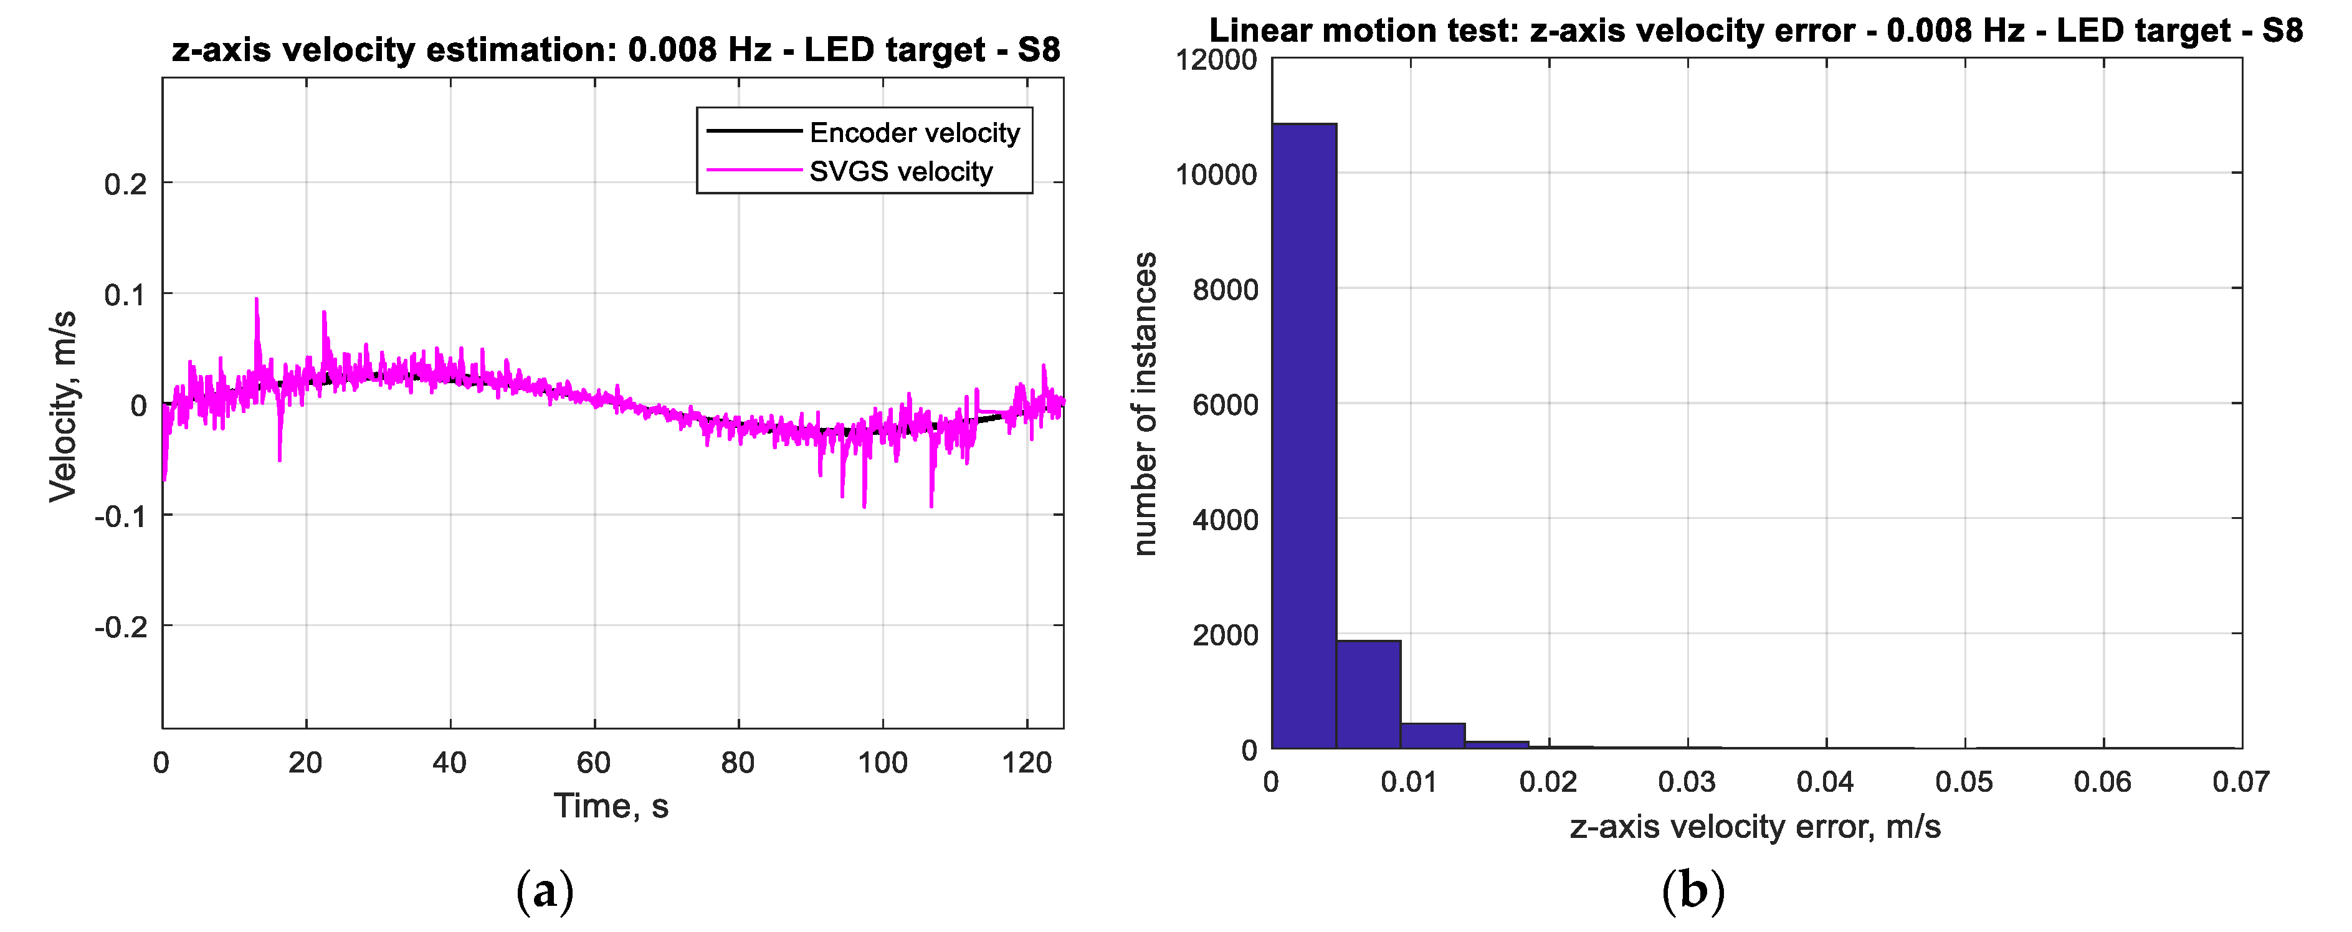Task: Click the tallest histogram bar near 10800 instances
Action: (1304, 435)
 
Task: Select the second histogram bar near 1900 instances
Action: (1368, 694)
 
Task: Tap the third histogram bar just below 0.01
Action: (1432, 736)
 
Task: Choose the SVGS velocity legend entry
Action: (900, 171)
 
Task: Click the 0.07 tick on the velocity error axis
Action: (2240, 782)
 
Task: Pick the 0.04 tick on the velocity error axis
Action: (1825, 782)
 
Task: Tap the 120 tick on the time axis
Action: (1027, 763)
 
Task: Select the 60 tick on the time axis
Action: (594, 763)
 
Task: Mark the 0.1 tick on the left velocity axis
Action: (125, 295)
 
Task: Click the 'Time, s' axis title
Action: (611, 807)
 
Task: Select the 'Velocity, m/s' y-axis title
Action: (63, 406)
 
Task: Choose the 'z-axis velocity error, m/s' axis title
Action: (1755, 827)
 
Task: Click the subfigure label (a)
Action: (545, 892)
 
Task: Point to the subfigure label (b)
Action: (1693, 892)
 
